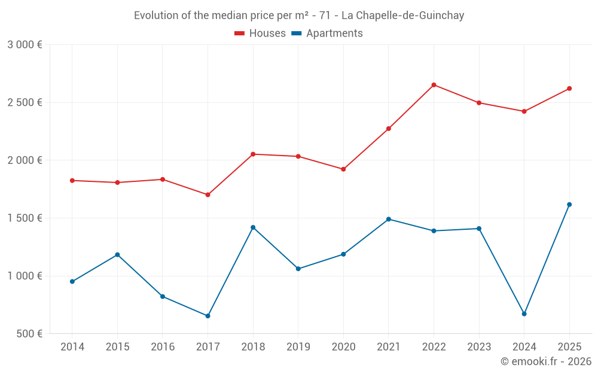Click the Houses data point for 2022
(434, 85)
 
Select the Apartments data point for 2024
(524, 314)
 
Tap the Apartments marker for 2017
(208, 316)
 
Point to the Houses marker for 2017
(208, 194)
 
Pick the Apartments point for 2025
(569, 205)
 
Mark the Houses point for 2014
(72, 180)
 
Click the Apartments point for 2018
(253, 227)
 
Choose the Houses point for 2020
(343, 169)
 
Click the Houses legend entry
(260, 34)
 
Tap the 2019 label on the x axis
(298, 347)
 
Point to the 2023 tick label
(479, 347)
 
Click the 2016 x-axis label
(163, 347)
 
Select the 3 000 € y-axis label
(25, 45)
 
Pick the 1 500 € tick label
(25, 218)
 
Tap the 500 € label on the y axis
(28, 334)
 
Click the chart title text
(299, 16)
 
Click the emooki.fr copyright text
(545, 361)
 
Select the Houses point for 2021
(389, 129)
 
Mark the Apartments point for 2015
(117, 255)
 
